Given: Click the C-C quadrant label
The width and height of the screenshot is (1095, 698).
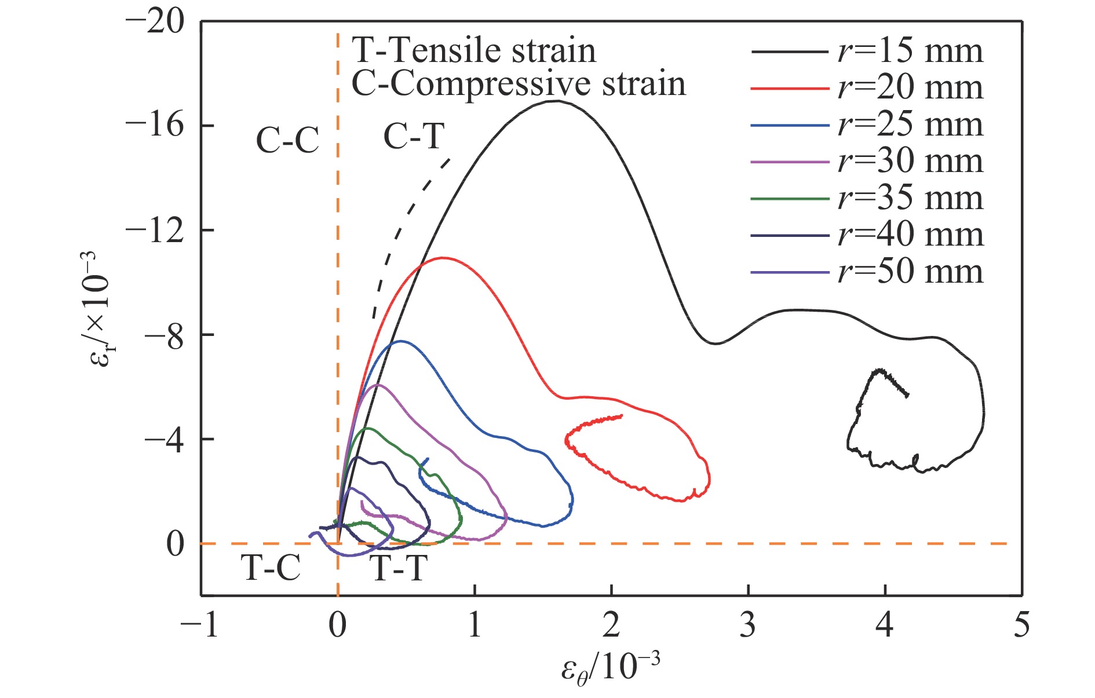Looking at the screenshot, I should (287, 140).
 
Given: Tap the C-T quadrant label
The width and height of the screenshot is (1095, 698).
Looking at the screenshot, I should (414, 137).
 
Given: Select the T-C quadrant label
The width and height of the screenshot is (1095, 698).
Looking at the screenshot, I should (271, 568).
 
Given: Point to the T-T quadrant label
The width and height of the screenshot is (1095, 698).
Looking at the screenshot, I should (399, 568).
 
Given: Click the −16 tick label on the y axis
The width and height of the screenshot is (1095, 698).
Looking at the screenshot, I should (154, 126).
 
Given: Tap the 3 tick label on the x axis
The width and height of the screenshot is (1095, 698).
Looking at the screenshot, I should (748, 626).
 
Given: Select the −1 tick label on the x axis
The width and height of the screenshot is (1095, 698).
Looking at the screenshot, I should (200, 626).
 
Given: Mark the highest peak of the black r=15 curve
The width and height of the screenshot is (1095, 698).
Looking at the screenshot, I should (556, 101).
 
